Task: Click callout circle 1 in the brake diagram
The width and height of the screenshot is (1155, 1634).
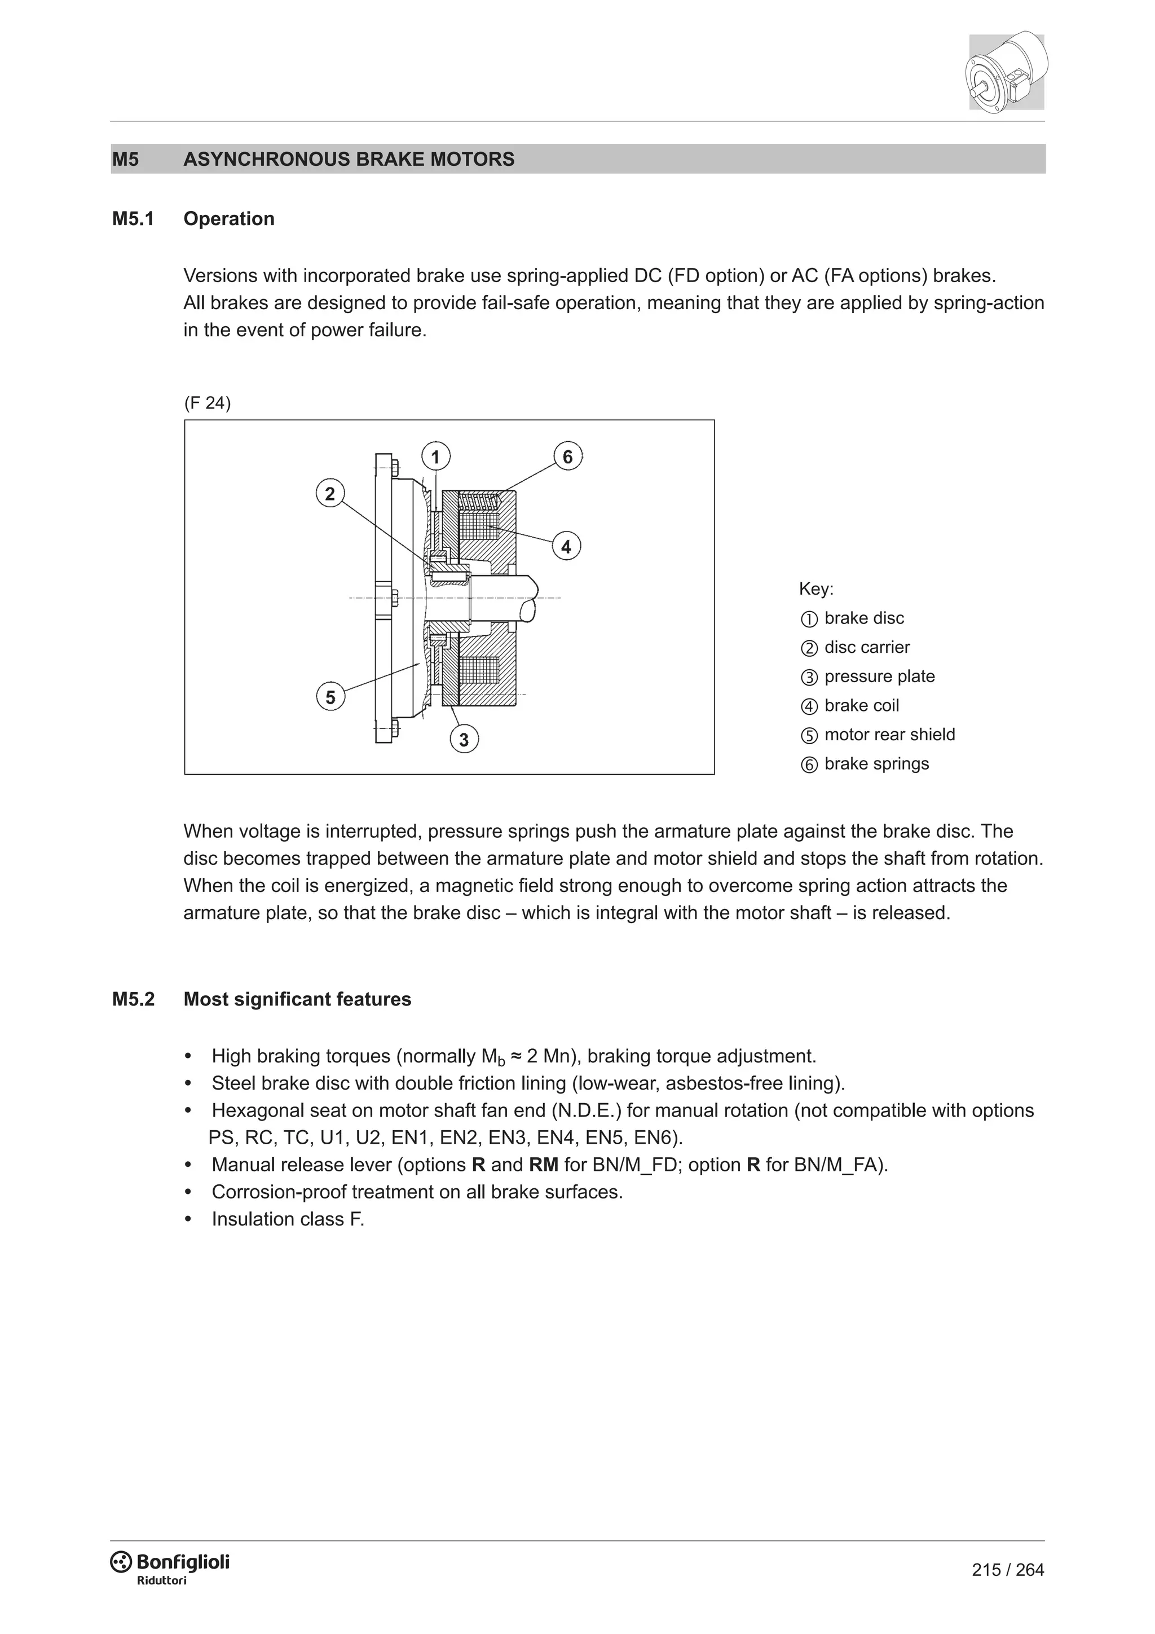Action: tap(436, 456)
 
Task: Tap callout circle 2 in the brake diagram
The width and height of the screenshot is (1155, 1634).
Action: tap(330, 494)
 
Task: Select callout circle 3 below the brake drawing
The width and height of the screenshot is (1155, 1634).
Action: tap(464, 740)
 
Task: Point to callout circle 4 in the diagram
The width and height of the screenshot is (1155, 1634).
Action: tap(566, 547)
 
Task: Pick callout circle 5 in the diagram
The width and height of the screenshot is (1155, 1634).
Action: tap(330, 697)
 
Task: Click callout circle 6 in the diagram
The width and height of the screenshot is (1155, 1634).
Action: tap(567, 456)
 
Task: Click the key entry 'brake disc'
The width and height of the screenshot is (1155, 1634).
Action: tap(863, 618)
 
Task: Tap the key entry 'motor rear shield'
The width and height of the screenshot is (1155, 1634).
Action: tap(889, 735)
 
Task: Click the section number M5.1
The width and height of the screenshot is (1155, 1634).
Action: tap(133, 218)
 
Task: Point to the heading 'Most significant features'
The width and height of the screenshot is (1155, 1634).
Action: tap(297, 999)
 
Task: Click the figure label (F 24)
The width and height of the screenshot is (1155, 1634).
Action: tap(207, 403)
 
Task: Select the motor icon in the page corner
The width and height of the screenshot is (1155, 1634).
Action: tap(1006, 71)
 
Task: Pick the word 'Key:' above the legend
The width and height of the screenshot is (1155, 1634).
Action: tap(815, 588)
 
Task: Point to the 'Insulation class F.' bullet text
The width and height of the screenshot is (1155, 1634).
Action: tap(288, 1219)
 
